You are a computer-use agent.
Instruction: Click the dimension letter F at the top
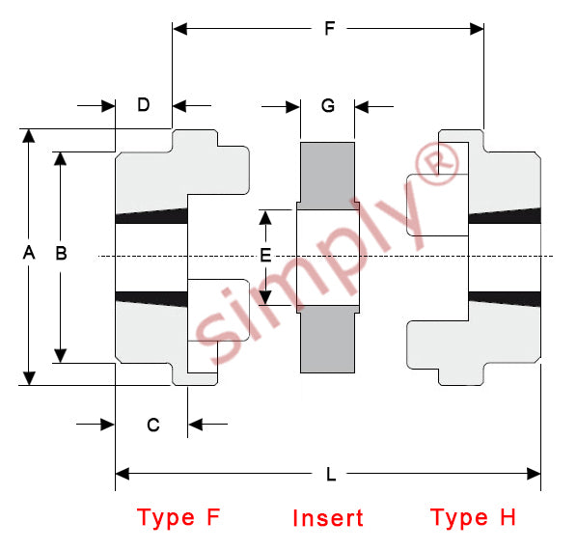tap(330, 28)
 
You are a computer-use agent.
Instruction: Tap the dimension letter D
tap(144, 105)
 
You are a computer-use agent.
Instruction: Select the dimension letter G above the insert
tap(328, 106)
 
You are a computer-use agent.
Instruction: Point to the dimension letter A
tap(29, 253)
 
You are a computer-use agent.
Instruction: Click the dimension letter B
tap(61, 253)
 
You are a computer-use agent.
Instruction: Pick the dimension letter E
tap(265, 255)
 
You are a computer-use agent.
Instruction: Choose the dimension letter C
tap(153, 425)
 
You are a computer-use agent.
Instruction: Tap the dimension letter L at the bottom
tap(331, 474)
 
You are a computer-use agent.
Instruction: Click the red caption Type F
tap(179, 518)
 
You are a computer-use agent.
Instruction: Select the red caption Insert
tap(328, 518)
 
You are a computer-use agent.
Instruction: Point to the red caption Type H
tap(473, 518)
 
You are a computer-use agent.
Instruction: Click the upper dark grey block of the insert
tap(327, 176)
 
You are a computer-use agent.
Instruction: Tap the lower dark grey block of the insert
tap(327, 339)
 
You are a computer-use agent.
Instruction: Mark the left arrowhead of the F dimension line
tap(179, 28)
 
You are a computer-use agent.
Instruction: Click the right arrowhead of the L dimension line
tap(534, 474)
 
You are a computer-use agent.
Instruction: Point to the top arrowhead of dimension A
tap(29, 136)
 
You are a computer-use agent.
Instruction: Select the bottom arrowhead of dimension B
tap(61, 356)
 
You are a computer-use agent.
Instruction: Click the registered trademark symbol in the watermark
tap(437, 163)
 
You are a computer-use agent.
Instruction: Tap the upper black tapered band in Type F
tap(151, 216)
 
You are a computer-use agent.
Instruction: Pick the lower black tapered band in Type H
tap(505, 299)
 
